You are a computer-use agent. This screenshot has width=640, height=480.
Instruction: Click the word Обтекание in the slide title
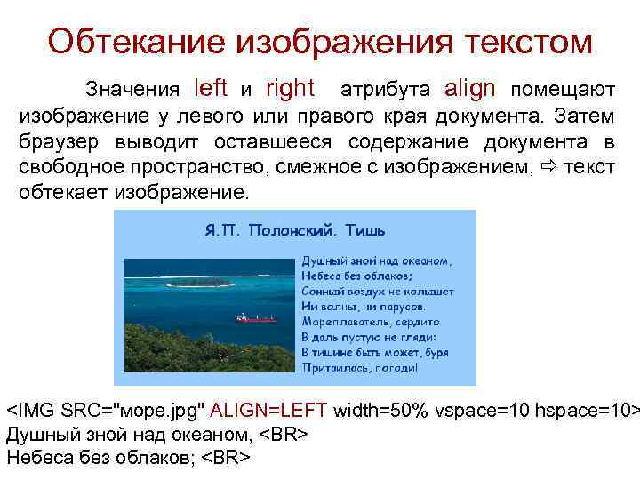(x=133, y=41)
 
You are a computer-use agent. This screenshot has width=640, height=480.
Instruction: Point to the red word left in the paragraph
(x=211, y=88)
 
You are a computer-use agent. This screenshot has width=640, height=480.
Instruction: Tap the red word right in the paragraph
(x=290, y=88)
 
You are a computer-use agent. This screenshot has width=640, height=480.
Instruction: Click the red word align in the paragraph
(x=471, y=88)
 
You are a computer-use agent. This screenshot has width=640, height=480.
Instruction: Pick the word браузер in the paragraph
(x=56, y=142)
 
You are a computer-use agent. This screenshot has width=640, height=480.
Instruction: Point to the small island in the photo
(x=201, y=283)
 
